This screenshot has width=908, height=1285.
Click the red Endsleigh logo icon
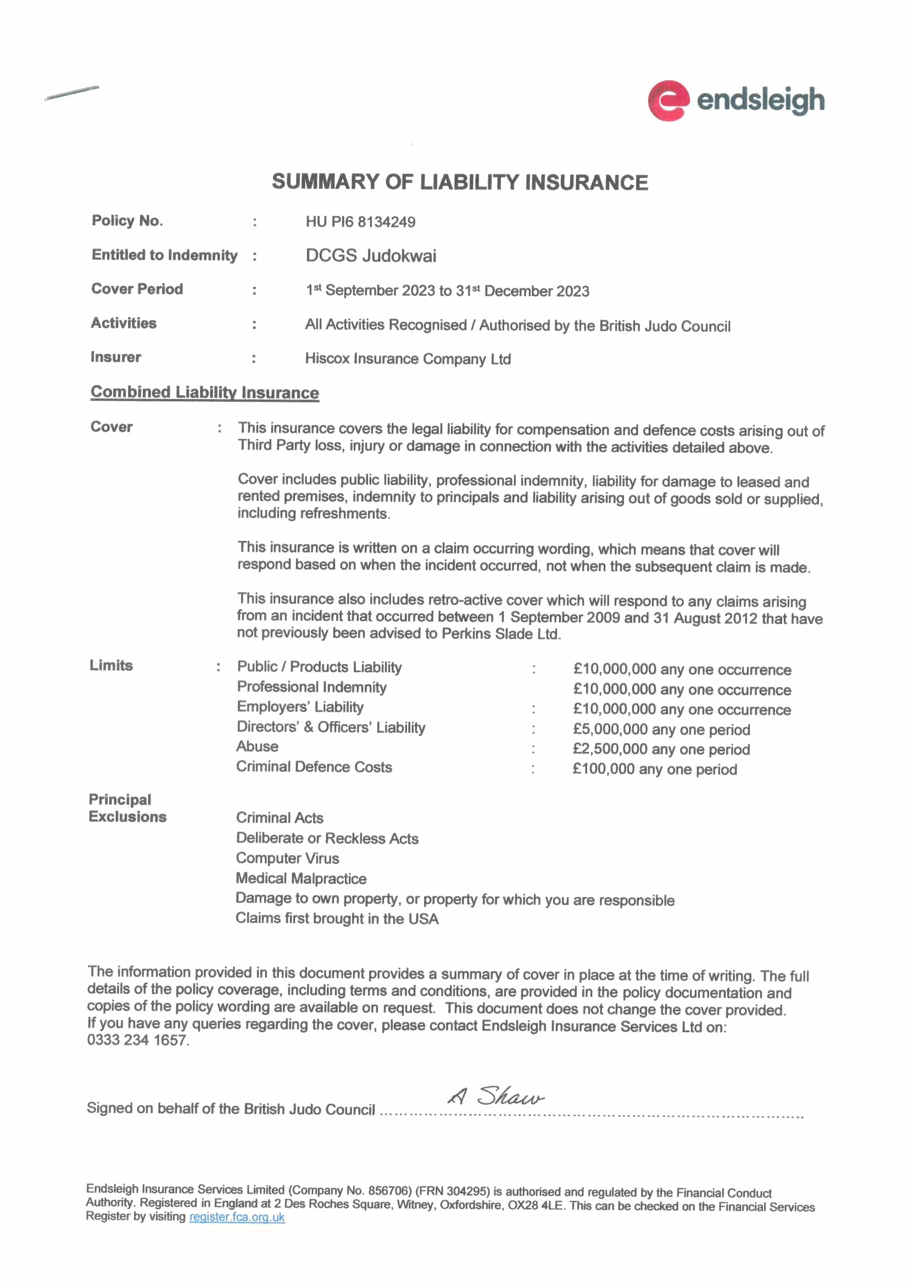click(x=667, y=101)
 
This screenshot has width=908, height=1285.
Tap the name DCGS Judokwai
click(x=370, y=256)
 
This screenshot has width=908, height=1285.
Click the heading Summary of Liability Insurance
click(x=459, y=182)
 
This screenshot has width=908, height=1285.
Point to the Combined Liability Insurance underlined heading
click(x=204, y=392)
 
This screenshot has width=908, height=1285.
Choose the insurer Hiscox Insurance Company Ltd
click(x=407, y=359)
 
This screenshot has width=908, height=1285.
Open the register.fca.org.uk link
click(x=237, y=1217)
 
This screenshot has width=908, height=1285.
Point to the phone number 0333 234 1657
click(x=138, y=1040)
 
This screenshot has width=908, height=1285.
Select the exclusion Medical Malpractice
click(x=301, y=879)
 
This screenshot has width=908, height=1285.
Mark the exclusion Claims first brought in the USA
click(x=337, y=918)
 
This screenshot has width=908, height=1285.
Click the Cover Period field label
click(x=137, y=289)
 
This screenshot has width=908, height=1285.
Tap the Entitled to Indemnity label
click(x=164, y=255)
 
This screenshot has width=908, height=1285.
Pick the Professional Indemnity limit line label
click(x=311, y=687)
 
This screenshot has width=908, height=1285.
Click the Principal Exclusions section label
click(x=127, y=808)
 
